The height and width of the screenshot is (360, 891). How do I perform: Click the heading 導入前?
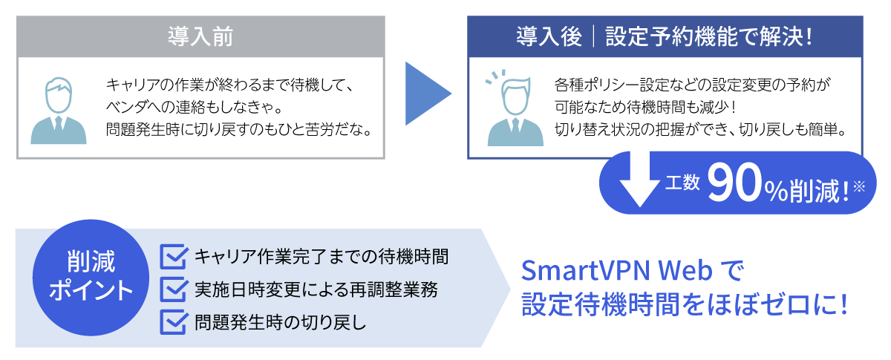[200, 36]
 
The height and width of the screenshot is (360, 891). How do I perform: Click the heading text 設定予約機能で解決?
[709, 36]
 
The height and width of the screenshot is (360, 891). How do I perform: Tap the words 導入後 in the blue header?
[549, 36]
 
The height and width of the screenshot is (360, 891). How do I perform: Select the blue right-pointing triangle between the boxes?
[428, 94]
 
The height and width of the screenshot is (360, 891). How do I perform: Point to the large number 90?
[734, 184]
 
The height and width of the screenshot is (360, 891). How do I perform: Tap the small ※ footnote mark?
[859, 186]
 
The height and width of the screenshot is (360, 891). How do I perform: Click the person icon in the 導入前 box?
[59, 111]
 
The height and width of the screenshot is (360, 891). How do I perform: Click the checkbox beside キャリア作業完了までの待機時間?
[174, 257]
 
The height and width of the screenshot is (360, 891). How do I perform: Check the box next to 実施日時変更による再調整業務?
[174, 289]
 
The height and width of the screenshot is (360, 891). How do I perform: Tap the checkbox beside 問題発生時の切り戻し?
[174, 322]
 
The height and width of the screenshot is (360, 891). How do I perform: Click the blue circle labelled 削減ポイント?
[91, 278]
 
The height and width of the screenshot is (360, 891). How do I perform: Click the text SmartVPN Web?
[616, 271]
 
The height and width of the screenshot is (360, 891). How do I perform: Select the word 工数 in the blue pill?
[682, 183]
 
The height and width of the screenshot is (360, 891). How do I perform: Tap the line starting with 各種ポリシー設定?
[692, 85]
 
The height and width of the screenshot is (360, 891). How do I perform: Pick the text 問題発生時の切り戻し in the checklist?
[281, 322]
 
